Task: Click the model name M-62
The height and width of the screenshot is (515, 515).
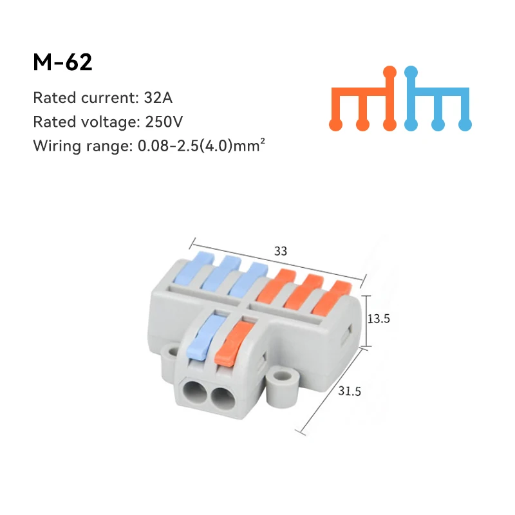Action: pos(62,62)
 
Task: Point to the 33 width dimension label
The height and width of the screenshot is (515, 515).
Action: pos(281,252)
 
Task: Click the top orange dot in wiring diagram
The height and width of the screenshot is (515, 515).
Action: pos(389,72)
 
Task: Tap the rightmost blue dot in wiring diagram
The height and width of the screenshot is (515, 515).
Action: pos(466,123)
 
